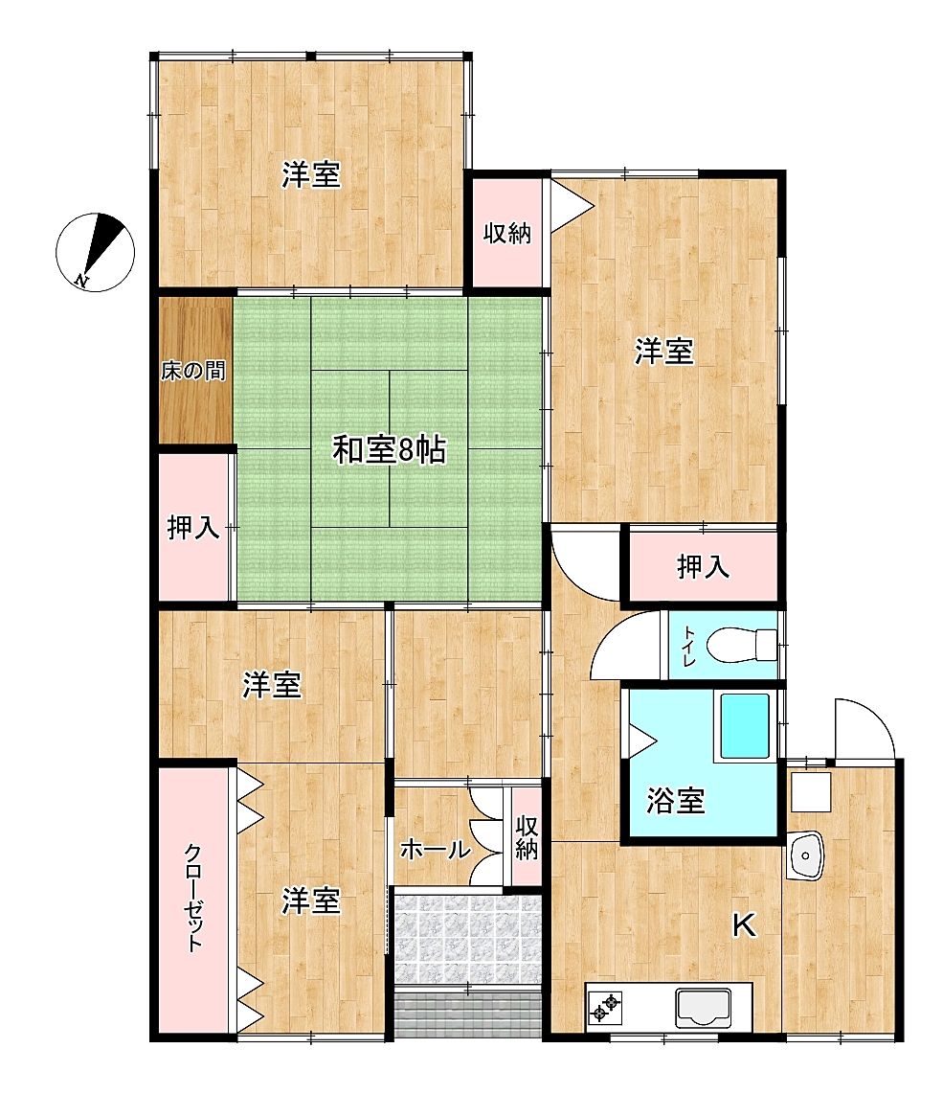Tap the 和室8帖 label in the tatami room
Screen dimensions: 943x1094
(x=389, y=450)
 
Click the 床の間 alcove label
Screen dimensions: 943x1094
(x=193, y=371)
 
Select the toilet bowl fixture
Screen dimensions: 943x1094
(x=741, y=644)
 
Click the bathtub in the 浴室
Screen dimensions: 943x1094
(x=745, y=726)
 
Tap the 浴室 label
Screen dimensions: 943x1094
(x=675, y=800)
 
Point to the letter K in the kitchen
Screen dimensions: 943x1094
(x=744, y=925)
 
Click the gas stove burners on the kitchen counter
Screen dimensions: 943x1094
(x=604, y=1006)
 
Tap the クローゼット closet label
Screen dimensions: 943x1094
(x=193, y=898)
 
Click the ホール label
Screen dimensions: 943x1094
(x=436, y=850)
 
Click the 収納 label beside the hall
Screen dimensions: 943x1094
(x=527, y=837)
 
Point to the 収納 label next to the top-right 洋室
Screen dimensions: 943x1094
(x=507, y=233)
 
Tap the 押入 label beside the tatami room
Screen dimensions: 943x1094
(x=193, y=528)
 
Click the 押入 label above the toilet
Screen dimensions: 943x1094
(x=703, y=566)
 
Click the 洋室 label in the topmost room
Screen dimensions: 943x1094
(x=311, y=174)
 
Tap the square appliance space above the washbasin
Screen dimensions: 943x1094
(x=811, y=792)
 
